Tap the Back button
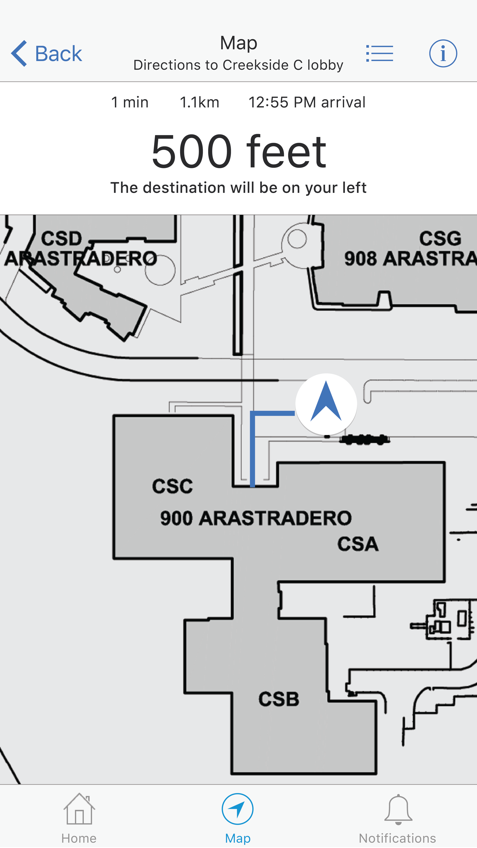click(x=47, y=53)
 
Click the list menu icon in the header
click(x=380, y=53)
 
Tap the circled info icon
click(x=443, y=53)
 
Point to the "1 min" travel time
click(x=130, y=102)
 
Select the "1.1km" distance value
click(x=199, y=102)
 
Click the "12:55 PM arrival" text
click(x=307, y=102)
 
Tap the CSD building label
click(x=62, y=238)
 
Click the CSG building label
click(x=440, y=238)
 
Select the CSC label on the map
click(x=172, y=486)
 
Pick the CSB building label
click(x=279, y=699)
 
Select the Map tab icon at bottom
click(x=238, y=809)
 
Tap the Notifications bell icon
click(x=398, y=809)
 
